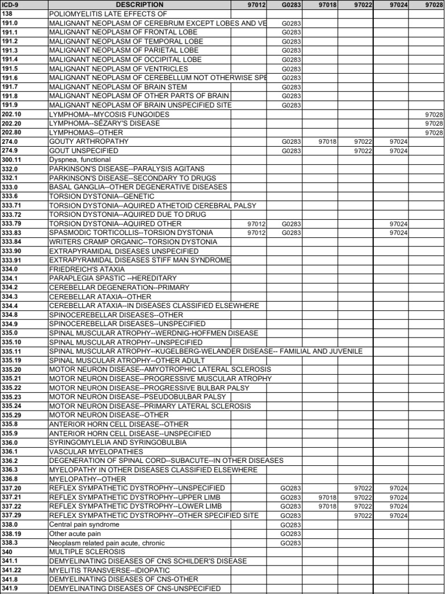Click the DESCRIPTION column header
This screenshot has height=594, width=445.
pyautogui.click(x=140, y=5)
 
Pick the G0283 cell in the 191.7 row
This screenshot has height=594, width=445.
pyautogui.click(x=291, y=87)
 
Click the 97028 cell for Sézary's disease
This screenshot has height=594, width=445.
pyautogui.click(x=433, y=124)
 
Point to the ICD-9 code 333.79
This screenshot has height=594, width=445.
pyautogui.click(x=12, y=223)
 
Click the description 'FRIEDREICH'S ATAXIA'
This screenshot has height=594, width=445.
pyautogui.click(x=87, y=269)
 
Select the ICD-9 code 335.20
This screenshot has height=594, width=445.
pyautogui.click(x=12, y=370)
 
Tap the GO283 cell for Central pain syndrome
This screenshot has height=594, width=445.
pyautogui.click(x=291, y=524)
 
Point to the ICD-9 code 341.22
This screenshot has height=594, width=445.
pyautogui.click(x=12, y=570)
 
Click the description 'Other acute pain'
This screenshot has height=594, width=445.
pyautogui.click(x=75, y=534)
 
